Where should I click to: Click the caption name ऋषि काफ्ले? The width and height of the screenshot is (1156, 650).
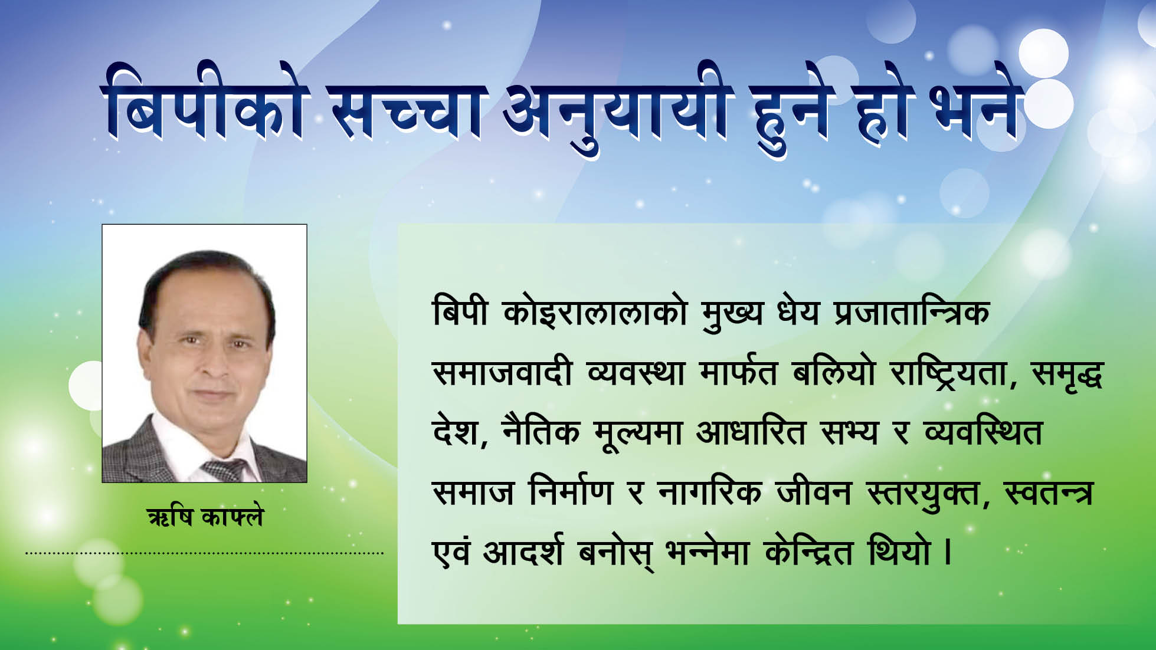pyautogui.click(x=205, y=517)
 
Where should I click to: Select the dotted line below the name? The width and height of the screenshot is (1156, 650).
pyautogui.click(x=205, y=553)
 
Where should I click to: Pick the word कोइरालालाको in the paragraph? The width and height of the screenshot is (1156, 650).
pyautogui.click(x=595, y=313)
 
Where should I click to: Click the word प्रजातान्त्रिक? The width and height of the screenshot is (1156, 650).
pyautogui.click(x=912, y=313)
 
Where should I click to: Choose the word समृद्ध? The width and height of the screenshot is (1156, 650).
pyautogui.click(x=1067, y=374)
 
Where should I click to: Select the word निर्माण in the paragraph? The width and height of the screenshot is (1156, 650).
pyautogui.click(x=571, y=491)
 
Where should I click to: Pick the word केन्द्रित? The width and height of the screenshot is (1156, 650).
pyautogui.click(x=808, y=551)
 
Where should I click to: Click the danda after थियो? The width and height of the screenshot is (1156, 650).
pyautogui.click(x=948, y=553)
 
